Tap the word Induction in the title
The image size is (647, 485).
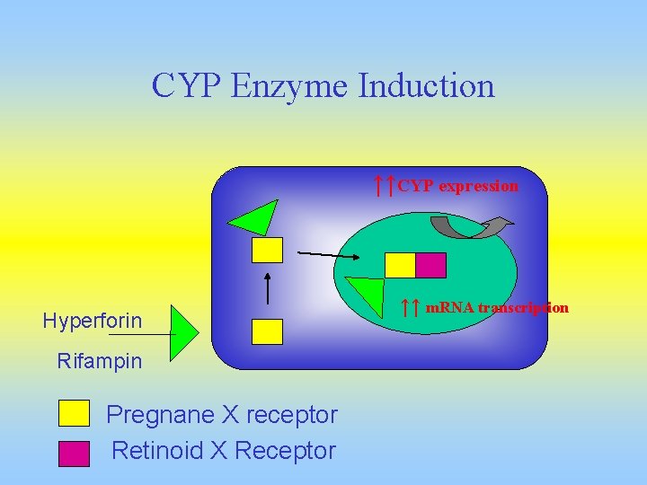click(426, 87)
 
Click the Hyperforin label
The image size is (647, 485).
click(93, 320)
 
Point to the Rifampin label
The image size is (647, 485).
click(100, 361)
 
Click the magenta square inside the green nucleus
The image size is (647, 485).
click(430, 265)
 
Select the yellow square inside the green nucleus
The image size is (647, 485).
click(400, 265)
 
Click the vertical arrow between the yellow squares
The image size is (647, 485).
click(268, 287)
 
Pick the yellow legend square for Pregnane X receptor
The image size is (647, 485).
click(74, 413)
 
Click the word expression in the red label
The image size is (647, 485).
click(478, 186)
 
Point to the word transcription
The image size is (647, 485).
click(521, 307)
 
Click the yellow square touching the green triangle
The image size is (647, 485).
click(267, 249)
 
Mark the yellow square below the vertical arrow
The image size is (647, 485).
click(267, 331)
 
